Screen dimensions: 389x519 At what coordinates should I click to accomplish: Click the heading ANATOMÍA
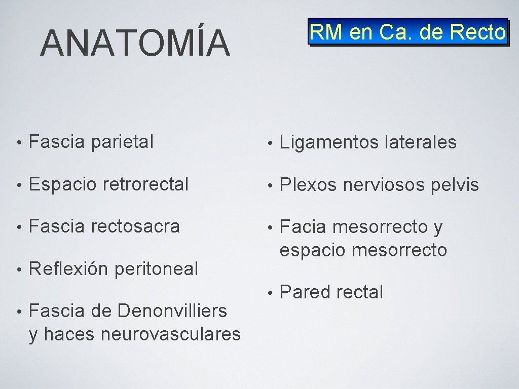(135, 43)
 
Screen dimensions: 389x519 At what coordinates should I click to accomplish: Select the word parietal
(122, 142)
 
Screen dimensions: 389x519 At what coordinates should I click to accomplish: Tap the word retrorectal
(146, 184)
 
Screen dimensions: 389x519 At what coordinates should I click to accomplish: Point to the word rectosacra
(135, 226)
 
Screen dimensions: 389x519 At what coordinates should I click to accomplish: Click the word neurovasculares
(171, 334)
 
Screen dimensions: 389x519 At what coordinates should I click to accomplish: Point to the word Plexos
(308, 185)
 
